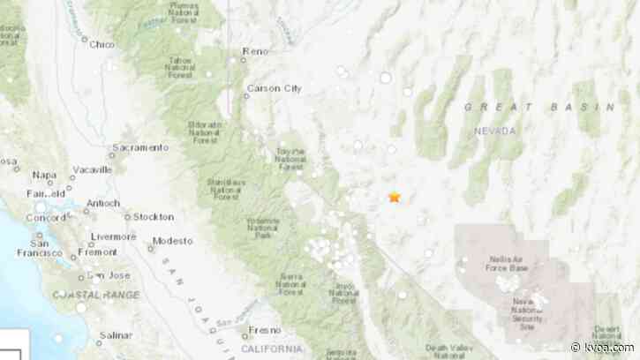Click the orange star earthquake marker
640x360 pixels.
pos(395,197)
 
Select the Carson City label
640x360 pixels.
pos(275,88)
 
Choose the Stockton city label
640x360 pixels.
pos(152,215)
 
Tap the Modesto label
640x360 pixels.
pos(172,241)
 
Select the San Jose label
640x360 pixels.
pos(113,275)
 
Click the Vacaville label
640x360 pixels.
pos(92,169)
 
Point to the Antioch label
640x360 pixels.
pos(102,203)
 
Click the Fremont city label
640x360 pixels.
pos(97,252)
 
